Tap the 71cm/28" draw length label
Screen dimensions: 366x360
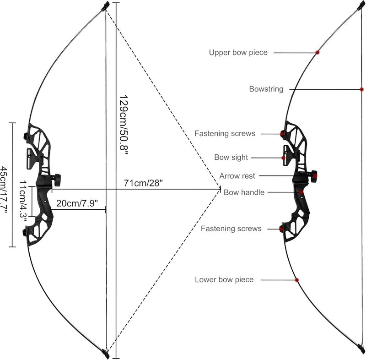pyautogui.click(x=143, y=183)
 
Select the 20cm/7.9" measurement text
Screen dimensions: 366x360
pyautogui.click(x=77, y=203)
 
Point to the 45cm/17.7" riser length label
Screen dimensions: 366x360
pyautogui.click(x=4, y=190)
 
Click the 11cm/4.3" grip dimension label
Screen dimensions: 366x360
pyautogui.click(x=23, y=202)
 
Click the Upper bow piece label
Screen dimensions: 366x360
pyautogui.click(x=238, y=53)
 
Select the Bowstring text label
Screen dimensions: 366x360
pyautogui.click(x=266, y=89)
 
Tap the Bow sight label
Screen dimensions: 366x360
pyautogui.click(x=231, y=157)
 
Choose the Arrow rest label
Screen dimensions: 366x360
pyautogui.click(x=237, y=176)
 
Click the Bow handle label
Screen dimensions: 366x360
pyautogui.click(x=244, y=192)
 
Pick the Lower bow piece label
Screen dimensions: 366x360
pyautogui.click(x=224, y=280)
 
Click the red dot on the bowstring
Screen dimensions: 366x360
pyautogui.click(x=361, y=89)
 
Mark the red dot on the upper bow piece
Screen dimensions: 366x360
pyautogui.click(x=317, y=53)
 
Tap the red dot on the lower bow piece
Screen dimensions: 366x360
pyautogui.click(x=296, y=280)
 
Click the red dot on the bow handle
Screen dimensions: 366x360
pyautogui.click(x=301, y=192)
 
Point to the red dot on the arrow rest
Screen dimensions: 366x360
pyautogui.click(x=315, y=176)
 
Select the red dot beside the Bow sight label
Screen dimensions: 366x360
pyautogui.click(x=283, y=158)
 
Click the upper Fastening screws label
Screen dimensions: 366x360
pyautogui.click(x=225, y=134)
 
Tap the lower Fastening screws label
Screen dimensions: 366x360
pyautogui.click(x=231, y=229)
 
